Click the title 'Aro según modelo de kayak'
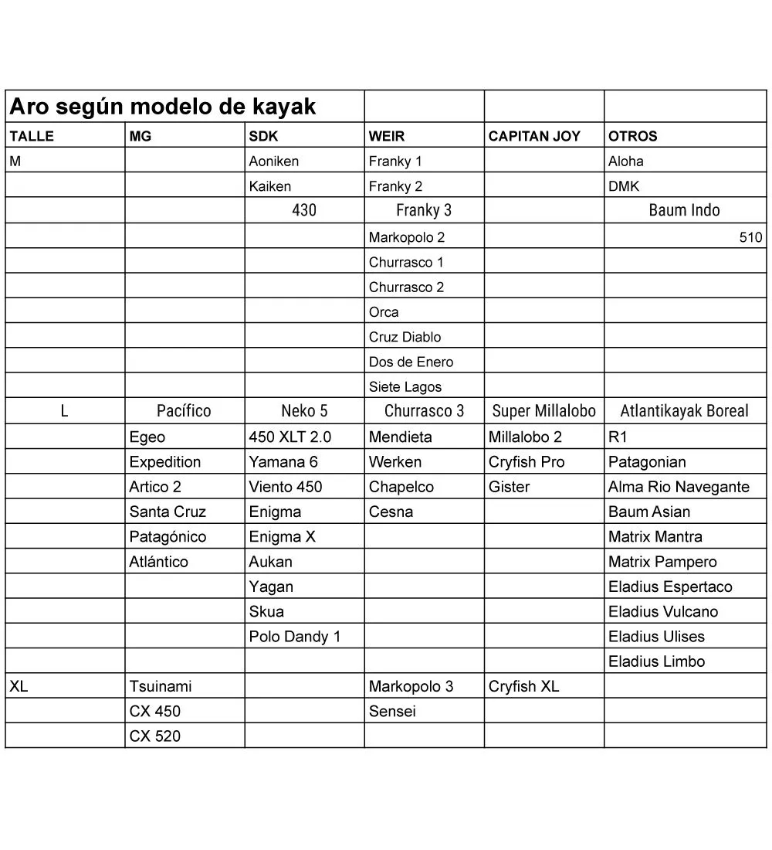[x=162, y=107]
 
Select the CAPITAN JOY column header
[x=534, y=137]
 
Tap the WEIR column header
[x=387, y=137]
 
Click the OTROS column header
[x=632, y=137]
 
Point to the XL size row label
[x=19, y=686]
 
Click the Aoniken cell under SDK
[x=274, y=161]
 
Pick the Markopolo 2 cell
[x=407, y=237]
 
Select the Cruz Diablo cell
[x=405, y=337]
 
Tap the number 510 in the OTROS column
[x=750, y=237]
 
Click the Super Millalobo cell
[x=543, y=411]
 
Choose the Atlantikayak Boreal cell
[x=684, y=411]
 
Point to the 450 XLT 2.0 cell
[x=290, y=437]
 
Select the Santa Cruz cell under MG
[x=168, y=512]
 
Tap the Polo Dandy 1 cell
[x=294, y=637]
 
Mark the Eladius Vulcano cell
[x=663, y=611]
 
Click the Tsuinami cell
[x=161, y=686]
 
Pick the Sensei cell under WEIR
[x=392, y=711]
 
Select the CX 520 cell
[x=155, y=736]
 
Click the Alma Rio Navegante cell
[x=679, y=487]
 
